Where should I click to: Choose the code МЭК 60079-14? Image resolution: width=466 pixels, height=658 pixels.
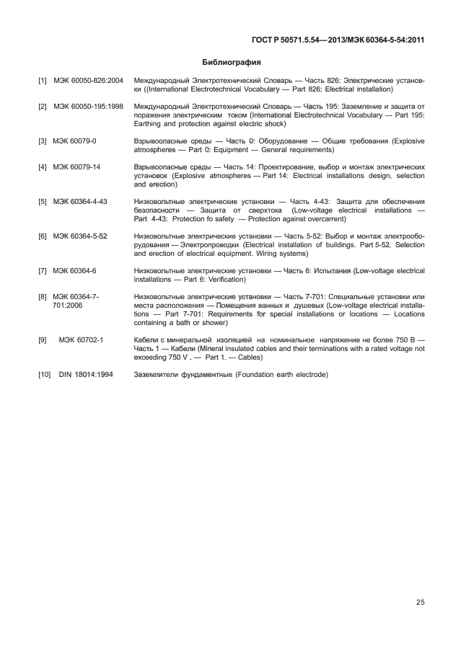[77, 167]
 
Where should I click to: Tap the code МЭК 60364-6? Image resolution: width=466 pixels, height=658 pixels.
[75, 269]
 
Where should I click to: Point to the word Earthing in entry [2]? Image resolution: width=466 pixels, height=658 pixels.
[149, 122]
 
